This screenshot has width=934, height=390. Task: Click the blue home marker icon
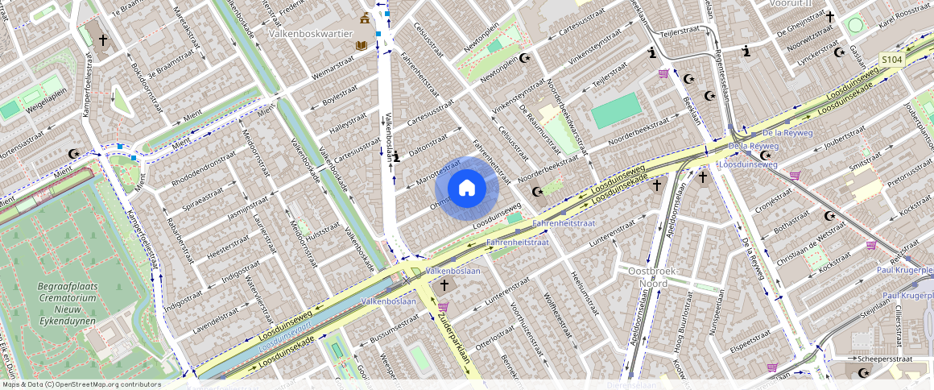pos(466,189)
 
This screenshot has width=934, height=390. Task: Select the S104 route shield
pos(891,60)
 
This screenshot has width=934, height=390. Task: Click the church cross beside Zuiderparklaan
pos(444,285)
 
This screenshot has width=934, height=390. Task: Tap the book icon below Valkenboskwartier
pos(361,46)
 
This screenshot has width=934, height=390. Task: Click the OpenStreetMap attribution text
pos(81,384)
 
